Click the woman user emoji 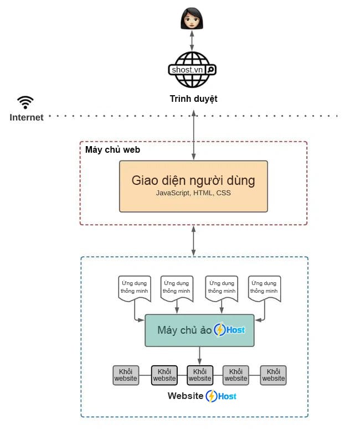point(192,19)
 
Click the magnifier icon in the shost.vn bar point(210,70)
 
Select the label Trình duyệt point(193,99)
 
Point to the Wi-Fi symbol point(25,102)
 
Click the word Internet point(27,117)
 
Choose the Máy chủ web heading point(112,149)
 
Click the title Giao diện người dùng point(193,180)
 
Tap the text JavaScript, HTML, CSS point(193,193)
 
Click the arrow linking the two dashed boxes point(193,240)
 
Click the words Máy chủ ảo point(184,330)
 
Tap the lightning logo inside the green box point(220,330)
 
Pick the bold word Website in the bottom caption point(185,396)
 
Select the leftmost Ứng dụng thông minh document point(134,288)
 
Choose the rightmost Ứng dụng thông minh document point(264,288)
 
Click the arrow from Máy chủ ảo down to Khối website point(199,355)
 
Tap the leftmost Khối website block point(126,375)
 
